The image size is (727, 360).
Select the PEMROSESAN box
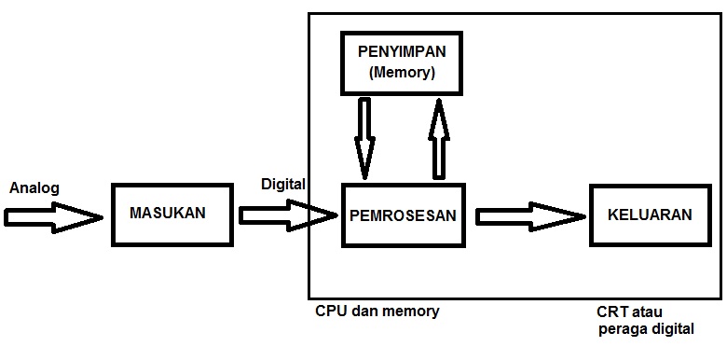(x=403, y=215)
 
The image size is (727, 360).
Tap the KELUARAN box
(x=650, y=215)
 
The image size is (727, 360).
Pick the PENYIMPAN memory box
(x=402, y=62)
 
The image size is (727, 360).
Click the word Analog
(x=34, y=188)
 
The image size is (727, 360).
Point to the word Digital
(x=283, y=184)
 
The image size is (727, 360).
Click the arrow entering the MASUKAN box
(x=52, y=217)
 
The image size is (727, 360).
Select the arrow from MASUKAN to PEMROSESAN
(x=287, y=216)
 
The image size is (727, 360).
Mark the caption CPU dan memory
(x=377, y=312)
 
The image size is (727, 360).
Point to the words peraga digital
(x=645, y=329)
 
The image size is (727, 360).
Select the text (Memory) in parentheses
(x=402, y=72)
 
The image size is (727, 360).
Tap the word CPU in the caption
(x=331, y=312)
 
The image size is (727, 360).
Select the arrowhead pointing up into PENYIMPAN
(x=439, y=108)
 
